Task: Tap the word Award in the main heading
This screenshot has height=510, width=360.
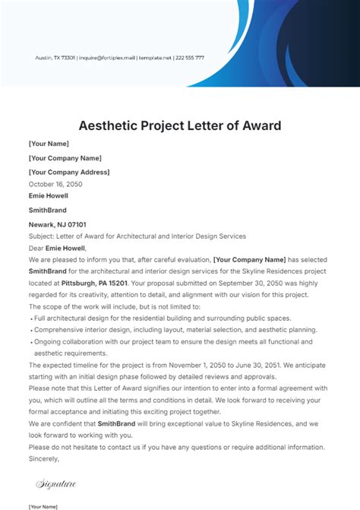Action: pos(256,125)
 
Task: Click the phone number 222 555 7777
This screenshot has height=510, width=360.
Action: pos(190,58)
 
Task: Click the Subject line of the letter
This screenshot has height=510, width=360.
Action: pos(127,236)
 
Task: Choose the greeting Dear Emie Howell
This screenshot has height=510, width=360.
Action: pos(58,248)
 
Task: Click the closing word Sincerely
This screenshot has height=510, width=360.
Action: pos(43,459)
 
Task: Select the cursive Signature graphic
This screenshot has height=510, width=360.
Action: pos(56,483)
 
